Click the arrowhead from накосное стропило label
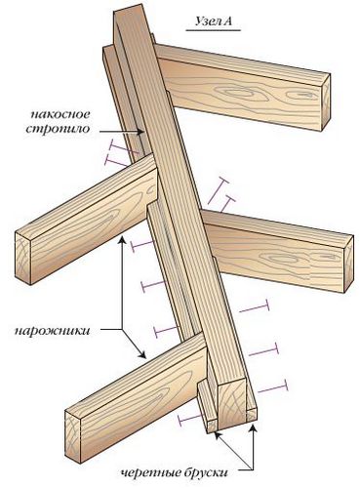point(142,133)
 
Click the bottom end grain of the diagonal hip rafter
point(232,403)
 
